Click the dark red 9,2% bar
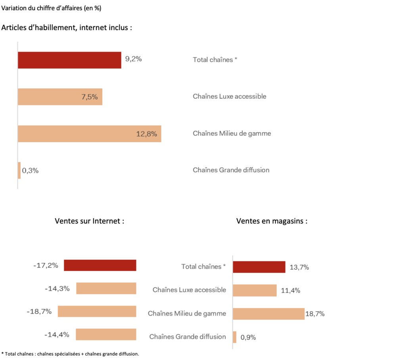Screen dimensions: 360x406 pos(69,60)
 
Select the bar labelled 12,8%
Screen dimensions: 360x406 pos(89,134)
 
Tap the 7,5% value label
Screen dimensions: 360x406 pos(90,97)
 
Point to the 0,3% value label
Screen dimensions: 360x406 pos(30,171)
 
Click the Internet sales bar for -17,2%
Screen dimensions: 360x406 pos(100,265)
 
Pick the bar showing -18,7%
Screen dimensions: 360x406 pos(97,311)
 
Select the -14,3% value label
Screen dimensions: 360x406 pos(57,288)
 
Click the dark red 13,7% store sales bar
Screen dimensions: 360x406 pos(259,267)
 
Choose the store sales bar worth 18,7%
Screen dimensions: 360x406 pos(268,314)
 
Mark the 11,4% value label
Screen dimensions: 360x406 pos(290,291)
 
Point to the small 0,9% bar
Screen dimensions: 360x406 pos(235,337)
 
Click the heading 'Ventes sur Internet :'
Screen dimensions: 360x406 pos(90,221)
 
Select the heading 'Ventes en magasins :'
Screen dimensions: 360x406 pos(272,221)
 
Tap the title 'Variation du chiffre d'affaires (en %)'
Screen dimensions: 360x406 pos(51,8)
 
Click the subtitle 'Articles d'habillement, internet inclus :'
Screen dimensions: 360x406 pos(67,28)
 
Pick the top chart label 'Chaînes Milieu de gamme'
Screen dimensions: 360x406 pos(232,133)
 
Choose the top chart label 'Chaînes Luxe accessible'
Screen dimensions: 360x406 pos(230,96)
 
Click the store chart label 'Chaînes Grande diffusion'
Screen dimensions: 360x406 pos(188,337)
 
